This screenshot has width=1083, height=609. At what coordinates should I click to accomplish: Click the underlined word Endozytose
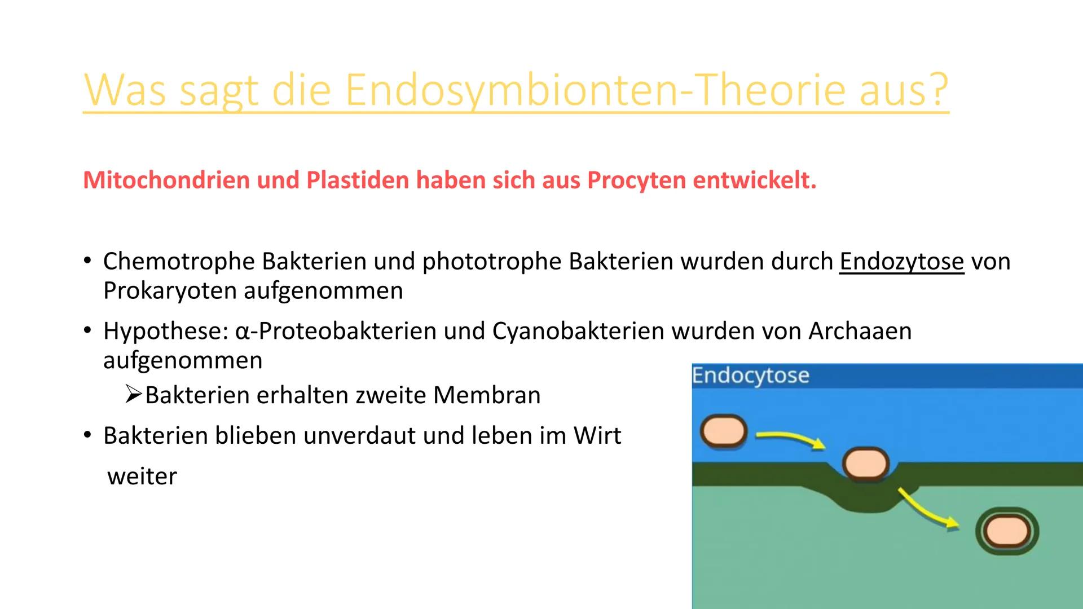pyautogui.click(x=901, y=262)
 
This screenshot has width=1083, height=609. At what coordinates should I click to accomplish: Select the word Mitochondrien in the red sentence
pyautogui.click(x=166, y=180)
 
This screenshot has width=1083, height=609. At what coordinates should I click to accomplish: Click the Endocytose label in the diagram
pyautogui.click(x=750, y=376)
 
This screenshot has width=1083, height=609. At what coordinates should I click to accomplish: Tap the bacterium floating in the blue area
pyautogui.click(x=724, y=432)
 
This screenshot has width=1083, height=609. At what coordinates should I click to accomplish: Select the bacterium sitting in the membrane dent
pyautogui.click(x=865, y=464)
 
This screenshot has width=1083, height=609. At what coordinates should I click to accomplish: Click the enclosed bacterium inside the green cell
pyautogui.click(x=1007, y=531)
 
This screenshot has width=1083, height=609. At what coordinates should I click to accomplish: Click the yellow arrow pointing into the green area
pyautogui.click(x=928, y=510)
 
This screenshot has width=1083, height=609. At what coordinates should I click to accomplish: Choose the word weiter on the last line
pyautogui.click(x=142, y=476)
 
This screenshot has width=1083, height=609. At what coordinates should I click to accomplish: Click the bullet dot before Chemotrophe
pyautogui.click(x=87, y=261)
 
